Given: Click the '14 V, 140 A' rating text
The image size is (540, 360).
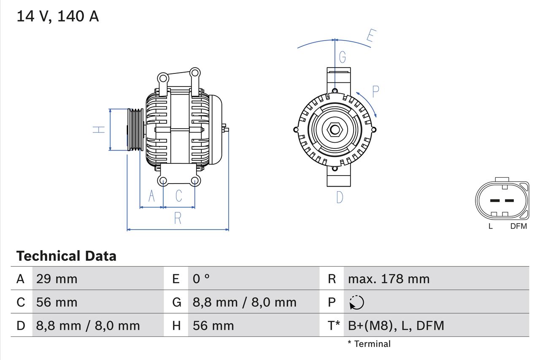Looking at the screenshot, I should (x=58, y=16).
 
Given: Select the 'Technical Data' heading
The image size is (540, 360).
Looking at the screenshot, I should (x=66, y=256).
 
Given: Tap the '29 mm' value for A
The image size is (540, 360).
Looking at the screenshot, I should (x=57, y=279).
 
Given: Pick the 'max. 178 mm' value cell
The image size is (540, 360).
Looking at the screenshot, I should (x=389, y=279).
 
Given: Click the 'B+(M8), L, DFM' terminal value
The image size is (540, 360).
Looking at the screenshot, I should (x=396, y=325).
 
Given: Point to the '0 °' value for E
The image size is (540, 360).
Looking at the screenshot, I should (x=201, y=279).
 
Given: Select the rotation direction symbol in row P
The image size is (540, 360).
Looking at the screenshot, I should (x=356, y=302).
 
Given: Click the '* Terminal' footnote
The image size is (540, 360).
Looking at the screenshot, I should (x=369, y=344).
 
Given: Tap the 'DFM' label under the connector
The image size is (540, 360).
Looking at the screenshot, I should (x=518, y=226).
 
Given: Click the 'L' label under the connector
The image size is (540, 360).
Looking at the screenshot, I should (x=490, y=226).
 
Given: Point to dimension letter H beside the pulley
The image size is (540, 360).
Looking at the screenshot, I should (x=99, y=130).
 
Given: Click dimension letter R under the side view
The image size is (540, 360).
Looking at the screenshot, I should (x=178, y=219).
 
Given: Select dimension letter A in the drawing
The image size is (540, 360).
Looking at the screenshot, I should (x=151, y=196).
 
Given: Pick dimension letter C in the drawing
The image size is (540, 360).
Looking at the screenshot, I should (x=179, y=196).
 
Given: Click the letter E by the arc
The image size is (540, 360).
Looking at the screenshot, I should (x=370, y=36).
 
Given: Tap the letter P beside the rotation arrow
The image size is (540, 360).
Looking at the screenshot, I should (x=375, y=91).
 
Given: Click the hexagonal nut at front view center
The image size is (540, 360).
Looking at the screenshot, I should (x=335, y=130).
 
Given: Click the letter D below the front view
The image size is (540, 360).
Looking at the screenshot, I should (x=340, y=197).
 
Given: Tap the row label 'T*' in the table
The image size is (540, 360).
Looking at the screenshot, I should (x=334, y=325).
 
